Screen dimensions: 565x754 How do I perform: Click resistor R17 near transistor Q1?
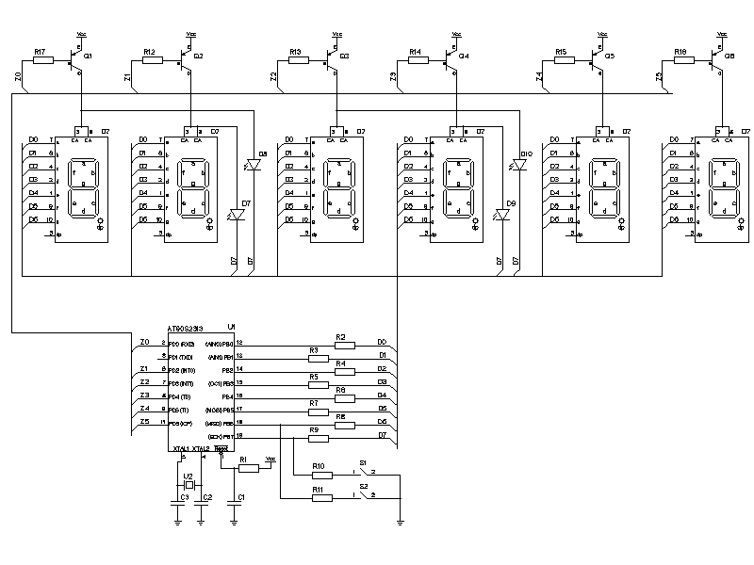pyautogui.click(x=43, y=60)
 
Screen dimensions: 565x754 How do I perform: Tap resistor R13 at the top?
pyautogui.click(x=300, y=60)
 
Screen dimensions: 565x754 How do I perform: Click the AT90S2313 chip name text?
pyautogui.click(x=186, y=329)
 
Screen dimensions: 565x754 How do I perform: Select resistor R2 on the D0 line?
pyautogui.click(x=344, y=346)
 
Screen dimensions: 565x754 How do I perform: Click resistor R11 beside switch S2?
pyautogui.click(x=321, y=498)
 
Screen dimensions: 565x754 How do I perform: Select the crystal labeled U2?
pyautogui.click(x=188, y=484)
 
